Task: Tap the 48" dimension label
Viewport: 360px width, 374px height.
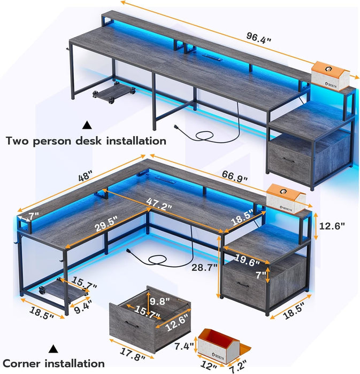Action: click(x=86, y=176)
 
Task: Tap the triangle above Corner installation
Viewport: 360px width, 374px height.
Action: click(x=53, y=349)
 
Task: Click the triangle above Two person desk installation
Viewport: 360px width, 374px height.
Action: click(x=87, y=125)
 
